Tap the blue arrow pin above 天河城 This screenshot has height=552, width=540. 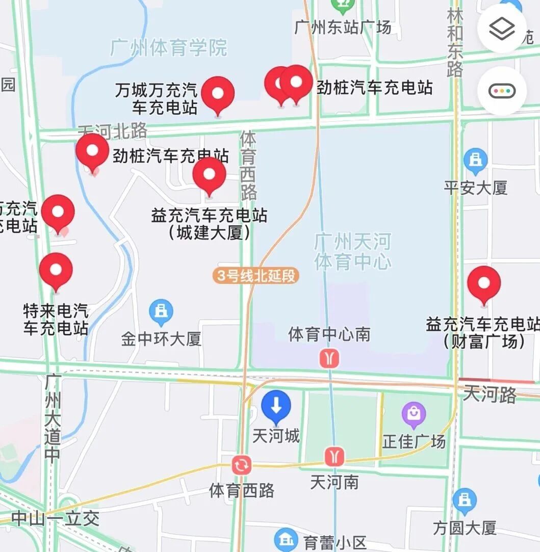pyautogui.click(x=276, y=406)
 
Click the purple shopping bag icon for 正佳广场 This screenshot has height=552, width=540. pyautogui.click(x=414, y=414)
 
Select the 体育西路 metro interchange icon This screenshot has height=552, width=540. pyautogui.click(x=241, y=465)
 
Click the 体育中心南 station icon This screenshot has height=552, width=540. pyautogui.click(x=329, y=358)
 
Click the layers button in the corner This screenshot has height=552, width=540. pyautogui.click(x=502, y=30)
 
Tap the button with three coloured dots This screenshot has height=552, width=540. pyautogui.click(x=502, y=91)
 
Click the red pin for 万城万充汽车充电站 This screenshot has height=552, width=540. pyautogui.click(x=218, y=94)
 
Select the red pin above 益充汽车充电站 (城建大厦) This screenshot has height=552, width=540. pyautogui.click(x=209, y=174)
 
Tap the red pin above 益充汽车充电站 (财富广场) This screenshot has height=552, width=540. pyautogui.click(x=484, y=283)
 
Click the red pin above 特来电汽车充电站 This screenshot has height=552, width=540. pyautogui.click(x=56, y=270)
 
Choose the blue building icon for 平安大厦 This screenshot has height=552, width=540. pyautogui.click(x=475, y=160)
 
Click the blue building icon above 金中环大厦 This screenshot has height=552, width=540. pyautogui.click(x=161, y=311)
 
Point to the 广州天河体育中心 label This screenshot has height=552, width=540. pyautogui.click(x=353, y=251)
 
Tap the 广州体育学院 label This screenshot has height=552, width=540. pyautogui.click(x=169, y=47)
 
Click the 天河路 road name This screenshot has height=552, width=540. pyautogui.click(x=490, y=394)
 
